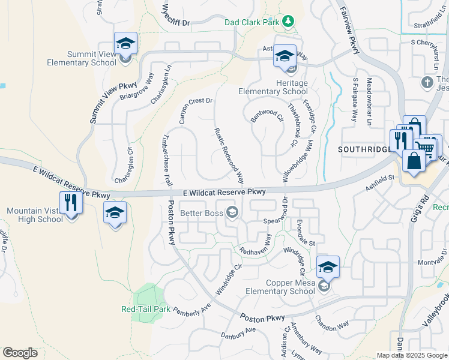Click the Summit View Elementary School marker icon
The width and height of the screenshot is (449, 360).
[125, 44]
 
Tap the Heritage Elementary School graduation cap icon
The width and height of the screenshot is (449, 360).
[285, 56]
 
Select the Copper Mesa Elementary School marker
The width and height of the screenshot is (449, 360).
[328, 268]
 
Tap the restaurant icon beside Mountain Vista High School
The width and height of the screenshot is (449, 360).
[71, 202]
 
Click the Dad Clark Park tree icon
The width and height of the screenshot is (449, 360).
[289, 22]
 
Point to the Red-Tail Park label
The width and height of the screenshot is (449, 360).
[146, 309]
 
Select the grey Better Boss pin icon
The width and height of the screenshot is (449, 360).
[232, 212]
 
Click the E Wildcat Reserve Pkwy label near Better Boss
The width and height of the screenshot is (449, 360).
[224, 192]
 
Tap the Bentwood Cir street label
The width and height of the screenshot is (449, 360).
[267, 115]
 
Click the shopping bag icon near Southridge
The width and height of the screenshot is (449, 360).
[414, 161]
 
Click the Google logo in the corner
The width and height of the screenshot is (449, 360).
[20, 353]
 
